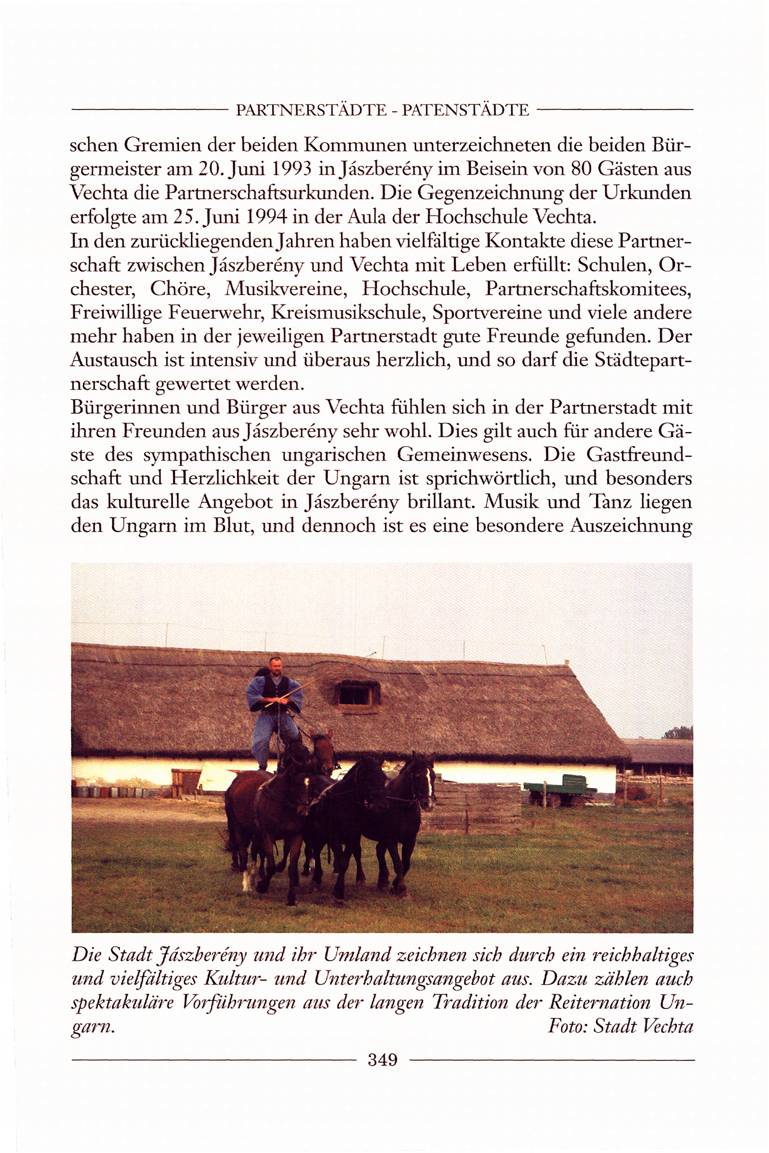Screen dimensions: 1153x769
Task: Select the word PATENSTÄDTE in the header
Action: point(465,109)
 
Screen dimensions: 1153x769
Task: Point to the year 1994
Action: point(265,216)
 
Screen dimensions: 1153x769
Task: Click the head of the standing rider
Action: point(275,665)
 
